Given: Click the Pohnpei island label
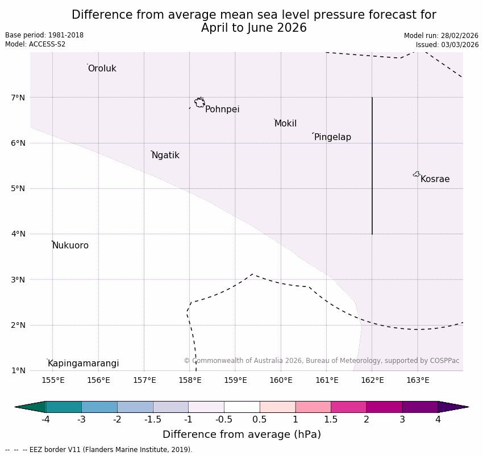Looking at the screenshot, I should (222, 109).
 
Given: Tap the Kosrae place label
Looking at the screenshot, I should (435, 179).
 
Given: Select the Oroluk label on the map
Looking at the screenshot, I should (102, 69).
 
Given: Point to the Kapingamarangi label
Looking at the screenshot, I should (84, 364).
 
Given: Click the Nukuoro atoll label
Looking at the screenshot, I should (70, 246).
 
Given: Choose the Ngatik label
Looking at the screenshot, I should (165, 155).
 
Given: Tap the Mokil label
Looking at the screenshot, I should (285, 124).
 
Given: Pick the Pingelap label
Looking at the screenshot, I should (332, 137).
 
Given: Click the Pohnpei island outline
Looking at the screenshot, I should (199, 103).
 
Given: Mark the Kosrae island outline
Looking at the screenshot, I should (417, 174).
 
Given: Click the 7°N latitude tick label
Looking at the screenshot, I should (18, 98).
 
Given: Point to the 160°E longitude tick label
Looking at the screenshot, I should (281, 380).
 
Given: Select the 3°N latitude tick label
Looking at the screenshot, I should (18, 280).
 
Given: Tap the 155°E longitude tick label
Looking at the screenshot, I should (53, 380).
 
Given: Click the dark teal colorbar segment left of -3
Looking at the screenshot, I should (64, 407).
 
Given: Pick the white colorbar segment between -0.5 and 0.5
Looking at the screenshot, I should (241, 407).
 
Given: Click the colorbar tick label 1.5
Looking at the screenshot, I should (331, 420).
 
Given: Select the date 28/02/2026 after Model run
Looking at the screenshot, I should (460, 36).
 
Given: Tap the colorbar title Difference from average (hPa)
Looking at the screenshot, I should (241, 434).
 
